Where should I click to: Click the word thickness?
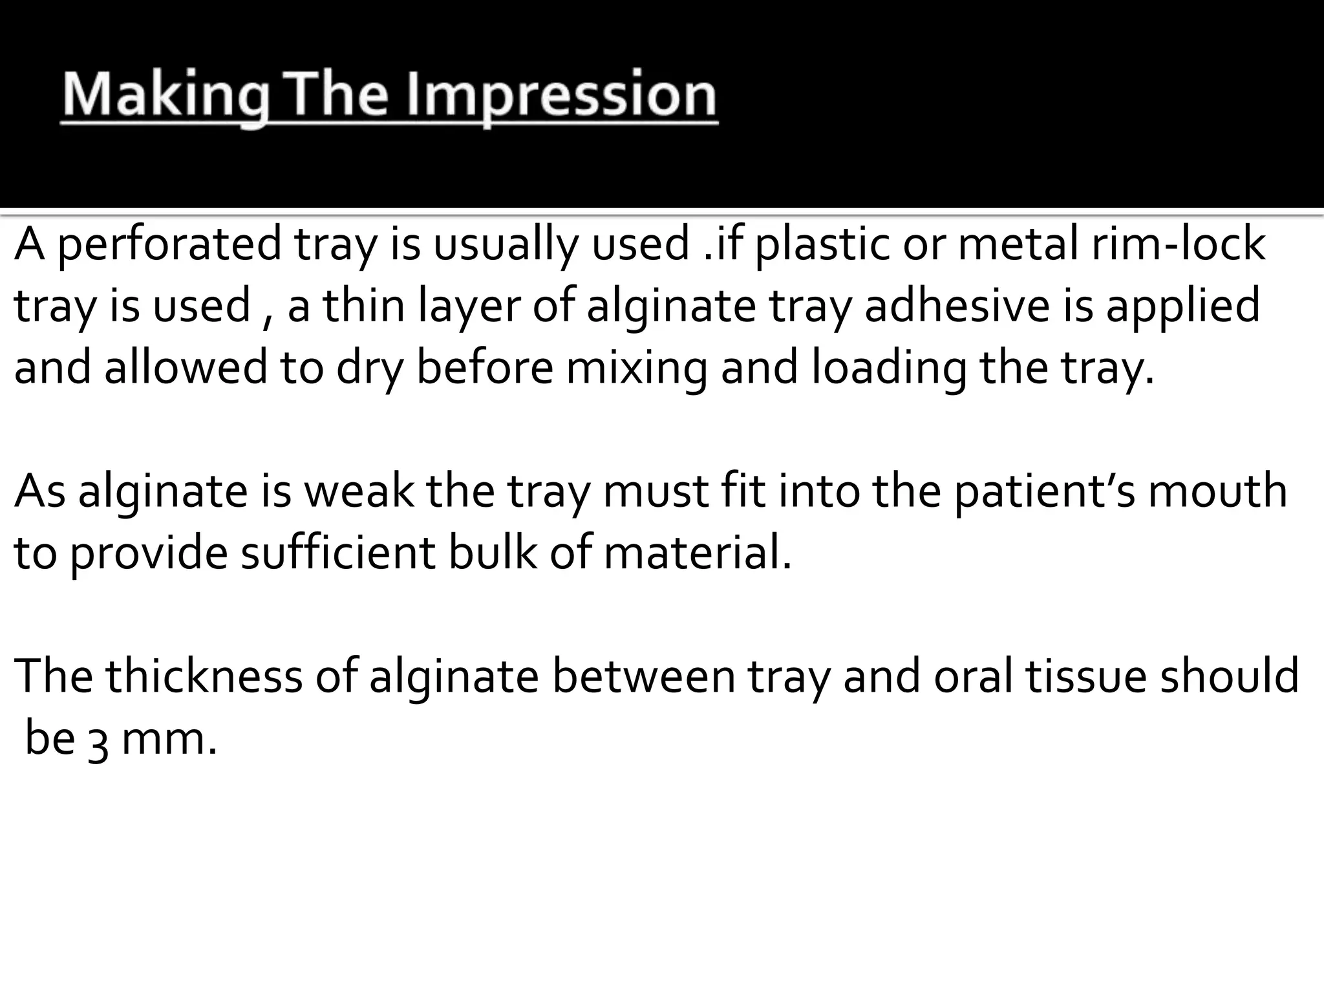(204, 676)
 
